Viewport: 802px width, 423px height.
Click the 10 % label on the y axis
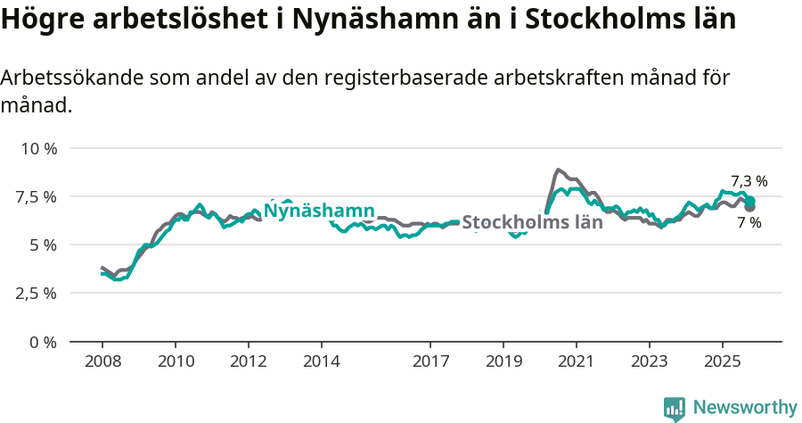click(39, 148)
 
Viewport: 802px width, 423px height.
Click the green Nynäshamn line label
click(319, 211)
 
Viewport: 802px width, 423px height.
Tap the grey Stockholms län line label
click(533, 222)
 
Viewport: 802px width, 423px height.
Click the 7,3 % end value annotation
click(749, 181)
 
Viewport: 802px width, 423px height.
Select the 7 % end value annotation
click(749, 223)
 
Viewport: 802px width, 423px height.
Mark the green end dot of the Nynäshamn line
click(750, 201)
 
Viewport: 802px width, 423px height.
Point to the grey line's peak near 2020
click(558, 170)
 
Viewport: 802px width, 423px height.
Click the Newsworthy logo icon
click(675, 409)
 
